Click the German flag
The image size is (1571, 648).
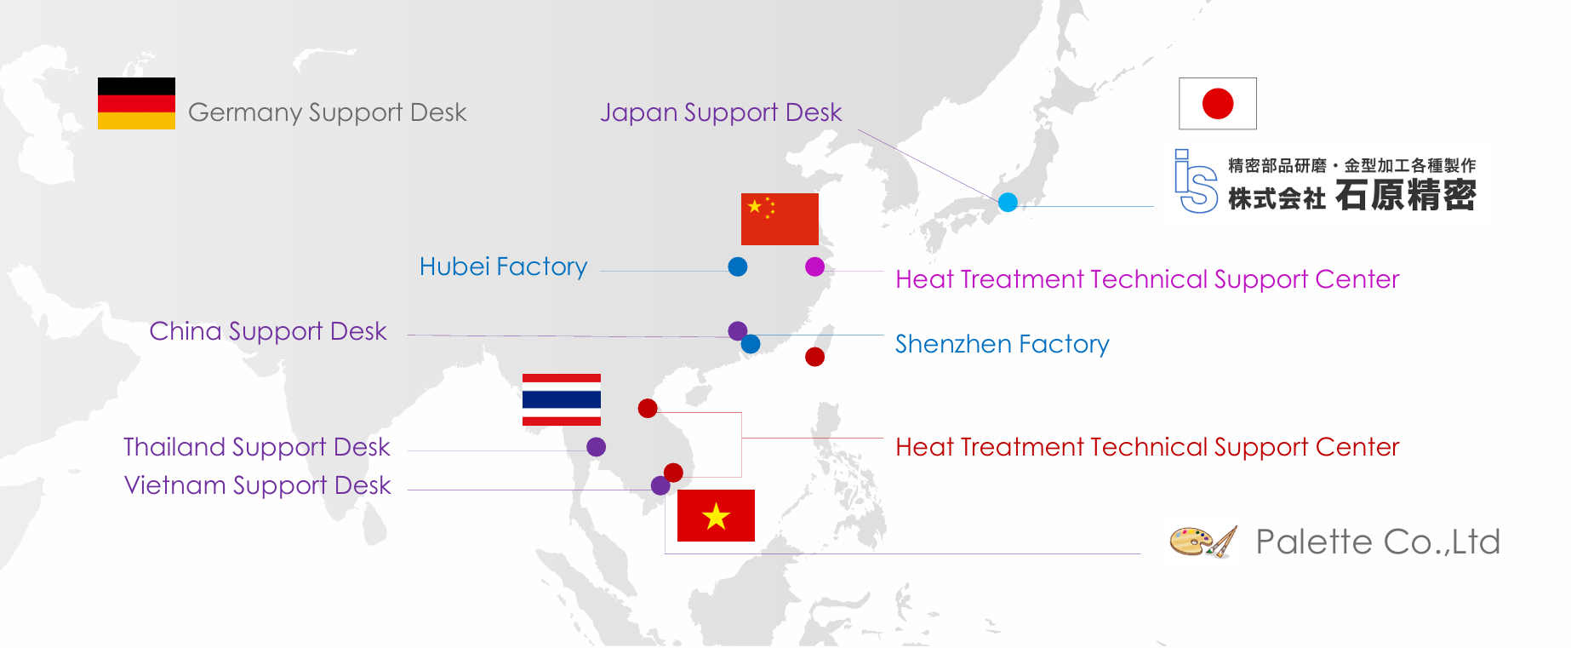[x=136, y=103]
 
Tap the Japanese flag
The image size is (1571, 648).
[x=1217, y=104]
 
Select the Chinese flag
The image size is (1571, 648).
[x=780, y=219]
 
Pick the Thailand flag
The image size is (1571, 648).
[x=561, y=399]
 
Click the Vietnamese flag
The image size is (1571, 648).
[x=716, y=515]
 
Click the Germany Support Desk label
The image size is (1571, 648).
[x=327, y=112]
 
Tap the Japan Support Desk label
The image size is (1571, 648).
[x=720, y=112]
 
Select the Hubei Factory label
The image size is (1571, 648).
[x=503, y=267]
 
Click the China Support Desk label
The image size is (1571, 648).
[x=267, y=331]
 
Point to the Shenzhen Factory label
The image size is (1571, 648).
[x=1002, y=344]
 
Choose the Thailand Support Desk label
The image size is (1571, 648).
[x=256, y=447]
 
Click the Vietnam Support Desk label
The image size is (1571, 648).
[x=257, y=485]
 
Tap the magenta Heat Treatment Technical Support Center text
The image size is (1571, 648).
[x=1146, y=279]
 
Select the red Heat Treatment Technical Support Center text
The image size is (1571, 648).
[x=1146, y=447]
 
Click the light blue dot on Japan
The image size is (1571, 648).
[x=1008, y=202]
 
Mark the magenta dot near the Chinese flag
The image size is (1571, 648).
[x=814, y=267]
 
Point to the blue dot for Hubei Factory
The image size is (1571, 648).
[x=738, y=267]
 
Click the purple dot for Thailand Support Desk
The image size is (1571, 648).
[x=596, y=447]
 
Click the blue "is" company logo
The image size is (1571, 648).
[x=1195, y=181]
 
